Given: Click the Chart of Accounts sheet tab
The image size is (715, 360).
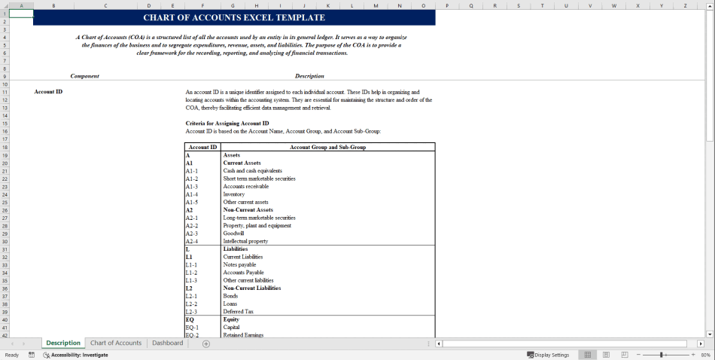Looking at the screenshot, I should [x=116, y=343].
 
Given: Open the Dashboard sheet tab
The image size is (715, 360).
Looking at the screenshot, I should [x=167, y=343].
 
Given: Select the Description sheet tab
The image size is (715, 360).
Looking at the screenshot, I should [x=63, y=343].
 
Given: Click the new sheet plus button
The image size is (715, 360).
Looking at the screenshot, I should [x=206, y=343].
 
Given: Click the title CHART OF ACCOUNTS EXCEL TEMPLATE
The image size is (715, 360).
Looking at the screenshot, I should [x=234, y=17].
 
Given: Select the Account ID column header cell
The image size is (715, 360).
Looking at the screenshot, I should [x=203, y=147].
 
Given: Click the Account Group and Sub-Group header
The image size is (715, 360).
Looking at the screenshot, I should [x=328, y=147].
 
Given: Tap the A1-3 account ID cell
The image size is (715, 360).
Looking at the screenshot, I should [x=192, y=186].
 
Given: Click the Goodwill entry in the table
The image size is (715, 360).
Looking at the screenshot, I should [x=234, y=233].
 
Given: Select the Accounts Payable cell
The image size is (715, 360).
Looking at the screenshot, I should [x=244, y=273].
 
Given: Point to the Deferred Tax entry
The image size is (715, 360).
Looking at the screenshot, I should [x=239, y=312].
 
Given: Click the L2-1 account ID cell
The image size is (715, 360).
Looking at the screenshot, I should [x=192, y=296].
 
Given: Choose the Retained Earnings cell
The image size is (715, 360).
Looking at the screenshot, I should [x=243, y=335].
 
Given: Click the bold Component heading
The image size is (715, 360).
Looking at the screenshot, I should [x=85, y=76].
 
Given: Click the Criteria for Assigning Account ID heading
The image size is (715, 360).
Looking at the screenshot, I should [x=227, y=123].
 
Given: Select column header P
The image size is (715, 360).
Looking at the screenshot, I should [x=447, y=5].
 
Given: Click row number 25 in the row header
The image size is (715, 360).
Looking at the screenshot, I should [x=5, y=202].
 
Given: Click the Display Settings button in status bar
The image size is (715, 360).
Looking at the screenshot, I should [x=549, y=355].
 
